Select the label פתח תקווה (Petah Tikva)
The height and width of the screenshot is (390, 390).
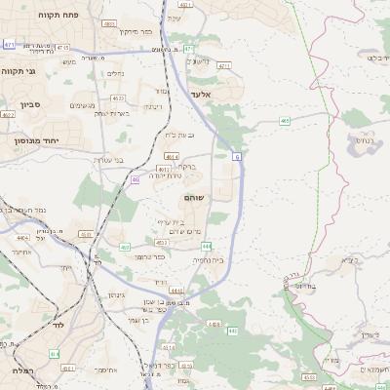click(60, 17)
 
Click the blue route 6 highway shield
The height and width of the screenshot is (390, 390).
click(236, 156)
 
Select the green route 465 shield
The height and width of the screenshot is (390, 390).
click(284, 121)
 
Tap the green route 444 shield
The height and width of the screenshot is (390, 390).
click(234, 247)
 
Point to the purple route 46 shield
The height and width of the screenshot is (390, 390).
click(135, 179)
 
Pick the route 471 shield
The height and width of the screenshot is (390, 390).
click(9, 44)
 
